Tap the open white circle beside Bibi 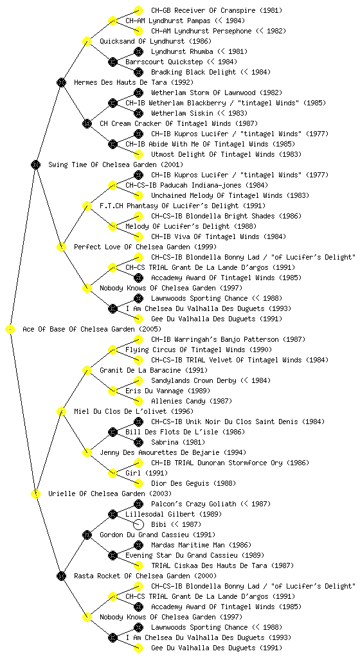pyautogui.click(x=138, y=524)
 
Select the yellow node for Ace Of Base pyautogui.click(x=10, y=330)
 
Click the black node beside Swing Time pyautogui.click(x=35, y=165)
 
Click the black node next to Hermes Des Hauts pyautogui.click(x=61, y=83)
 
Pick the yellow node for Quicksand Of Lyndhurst pyautogui.click(x=87, y=42)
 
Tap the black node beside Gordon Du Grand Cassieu pyautogui.click(x=87, y=535)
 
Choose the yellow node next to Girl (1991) pyautogui.click(x=113, y=474)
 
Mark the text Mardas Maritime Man pyautogui.click(x=189, y=545)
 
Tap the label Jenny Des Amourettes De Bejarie pyautogui.click(x=160, y=453)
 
